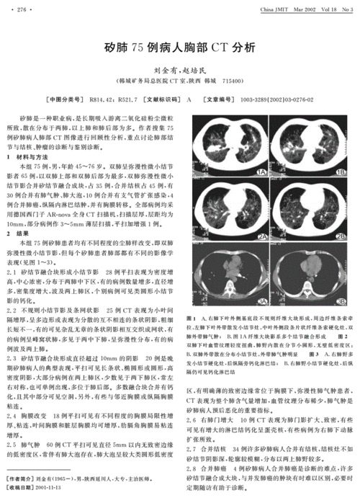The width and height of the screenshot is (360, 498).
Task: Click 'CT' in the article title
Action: click(218, 48)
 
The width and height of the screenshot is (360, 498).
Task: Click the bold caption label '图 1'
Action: click(191, 317)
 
